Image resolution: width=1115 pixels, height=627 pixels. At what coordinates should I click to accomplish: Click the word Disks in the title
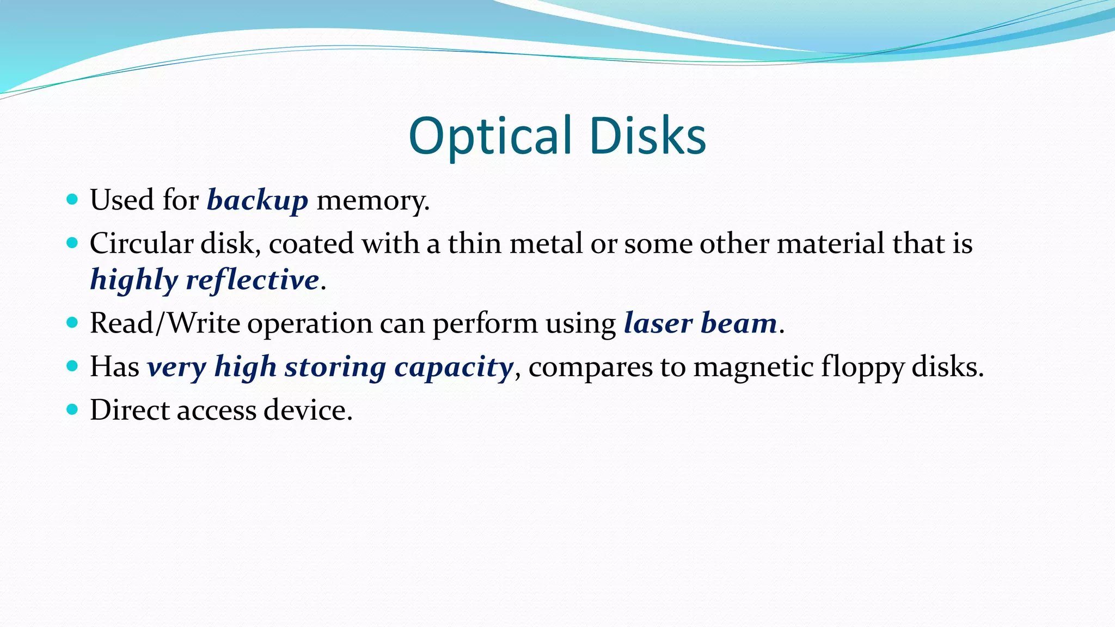[x=647, y=136]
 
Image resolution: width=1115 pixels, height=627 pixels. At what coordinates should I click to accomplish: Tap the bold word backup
[x=258, y=200]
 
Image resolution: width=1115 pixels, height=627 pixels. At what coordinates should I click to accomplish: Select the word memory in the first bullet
[x=372, y=200]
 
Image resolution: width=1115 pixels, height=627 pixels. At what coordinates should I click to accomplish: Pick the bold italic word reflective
[x=252, y=280]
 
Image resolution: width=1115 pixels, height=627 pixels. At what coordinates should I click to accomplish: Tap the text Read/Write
[x=165, y=323]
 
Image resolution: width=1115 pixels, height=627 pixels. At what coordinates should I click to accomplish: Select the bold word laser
[x=658, y=323]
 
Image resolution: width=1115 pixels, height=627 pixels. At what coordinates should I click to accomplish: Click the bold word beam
[x=739, y=323]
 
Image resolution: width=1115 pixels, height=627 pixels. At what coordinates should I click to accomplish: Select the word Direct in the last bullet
[x=130, y=410]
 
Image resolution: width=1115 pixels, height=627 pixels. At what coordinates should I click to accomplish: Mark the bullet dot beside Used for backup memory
[x=72, y=199]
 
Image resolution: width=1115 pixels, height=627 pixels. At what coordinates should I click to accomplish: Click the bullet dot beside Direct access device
[x=72, y=409]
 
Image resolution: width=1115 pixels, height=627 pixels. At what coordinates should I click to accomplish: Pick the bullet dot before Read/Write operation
[x=72, y=322]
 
